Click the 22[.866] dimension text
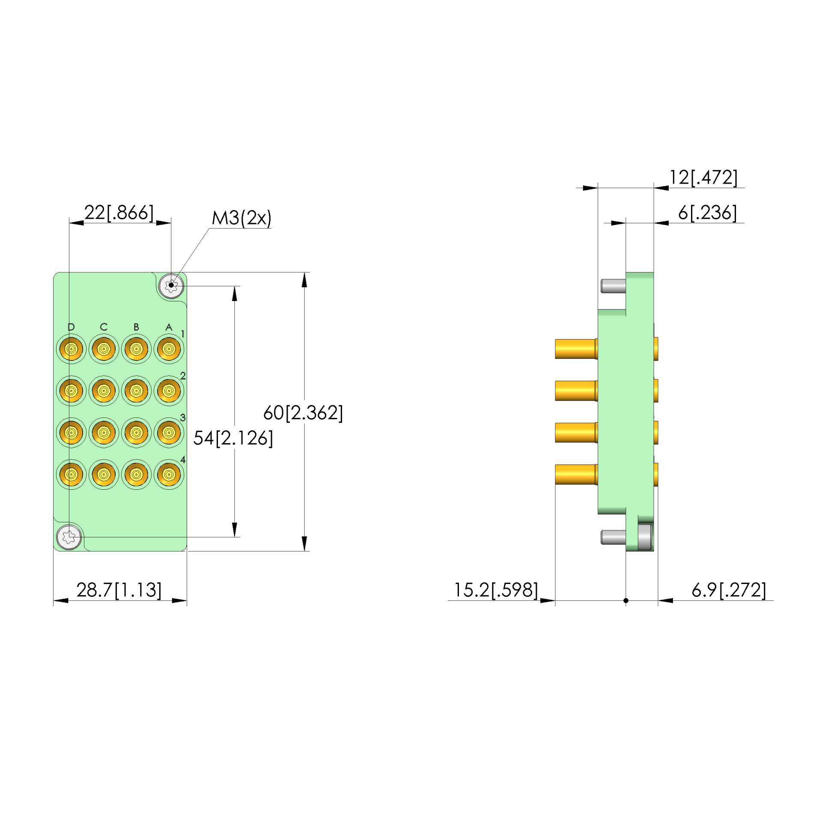pyautogui.click(x=119, y=213)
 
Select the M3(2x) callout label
pyautogui.click(x=241, y=218)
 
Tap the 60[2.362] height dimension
pyautogui.click(x=303, y=413)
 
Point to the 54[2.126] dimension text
pyautogui.click(x=233, y=438)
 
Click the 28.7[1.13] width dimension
pyautogui.click(x=119, y=590)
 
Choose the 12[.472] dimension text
pyautogui.click(x=704, y=177)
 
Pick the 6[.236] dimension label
pyautogui.click(x=708, y=213)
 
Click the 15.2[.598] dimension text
pyautogui.click(x=496, y=590)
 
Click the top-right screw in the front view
pyautogui.click(x=171, y=286)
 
